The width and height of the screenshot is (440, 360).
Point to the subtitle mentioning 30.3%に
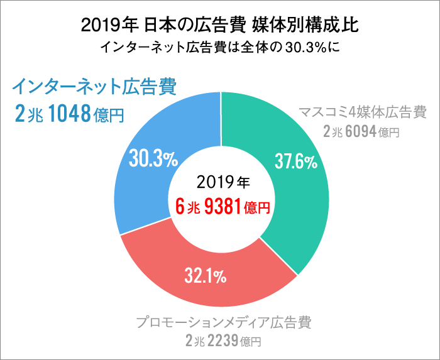click(220, 47)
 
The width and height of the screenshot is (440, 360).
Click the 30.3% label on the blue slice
click(152, 159)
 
